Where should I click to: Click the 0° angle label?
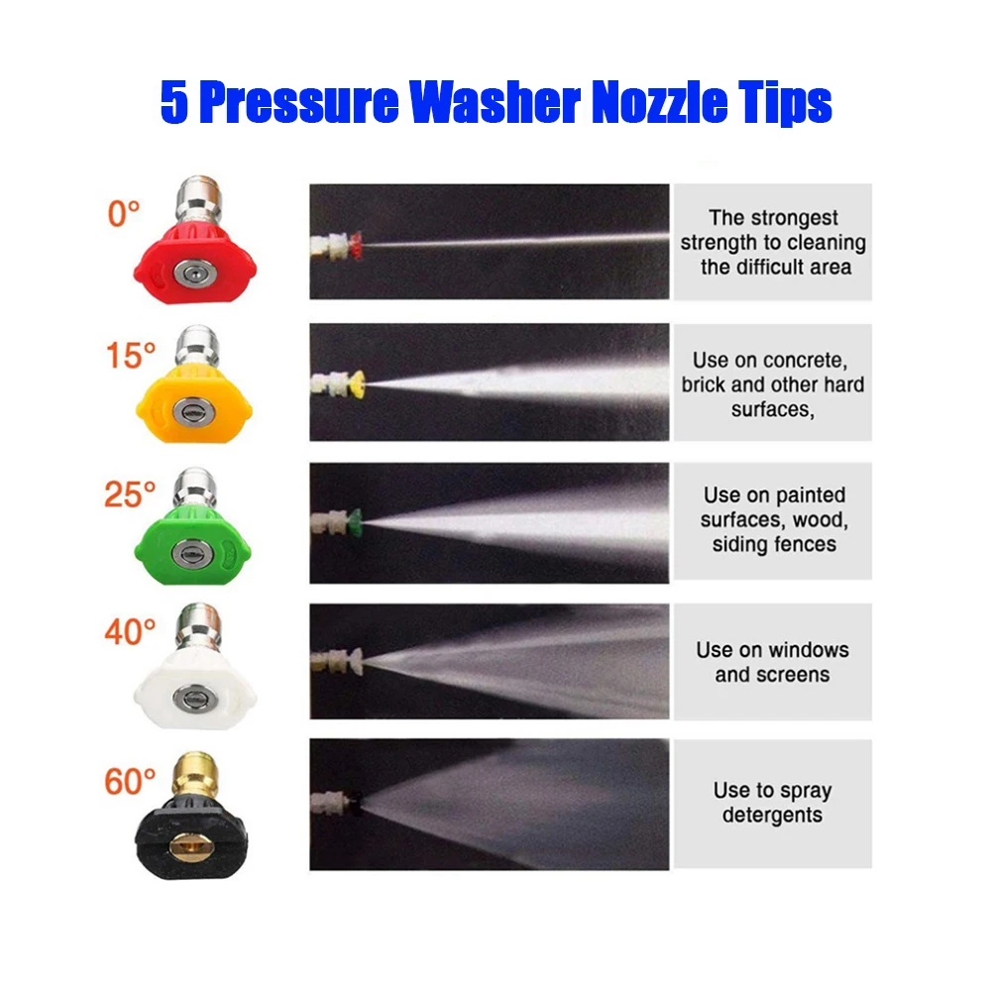pyautogui.click(x=123, y=214)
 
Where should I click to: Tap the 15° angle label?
pyautogui.click(x=131, y=355)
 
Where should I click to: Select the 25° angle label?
pyautogui.click(x=130, y=495)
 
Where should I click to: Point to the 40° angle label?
pyautogui.click(x=130, y=631)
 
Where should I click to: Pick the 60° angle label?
pyautogui.click(x=130, y=781)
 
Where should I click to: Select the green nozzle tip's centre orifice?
pyautogui.click(x=192, y=554)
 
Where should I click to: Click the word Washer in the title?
pyautogui.click(x=495, y=101)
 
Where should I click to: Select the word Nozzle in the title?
pyautogui.click(x=659, y=101)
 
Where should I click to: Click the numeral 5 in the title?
pyautogui.click(x=173, y=102)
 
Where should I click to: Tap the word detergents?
pyautogui.click(x=772, y=816)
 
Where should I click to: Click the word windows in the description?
pyautogui.click(x=809, y=650)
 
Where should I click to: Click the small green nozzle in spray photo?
pyautogui.click(x=354, y=521)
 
